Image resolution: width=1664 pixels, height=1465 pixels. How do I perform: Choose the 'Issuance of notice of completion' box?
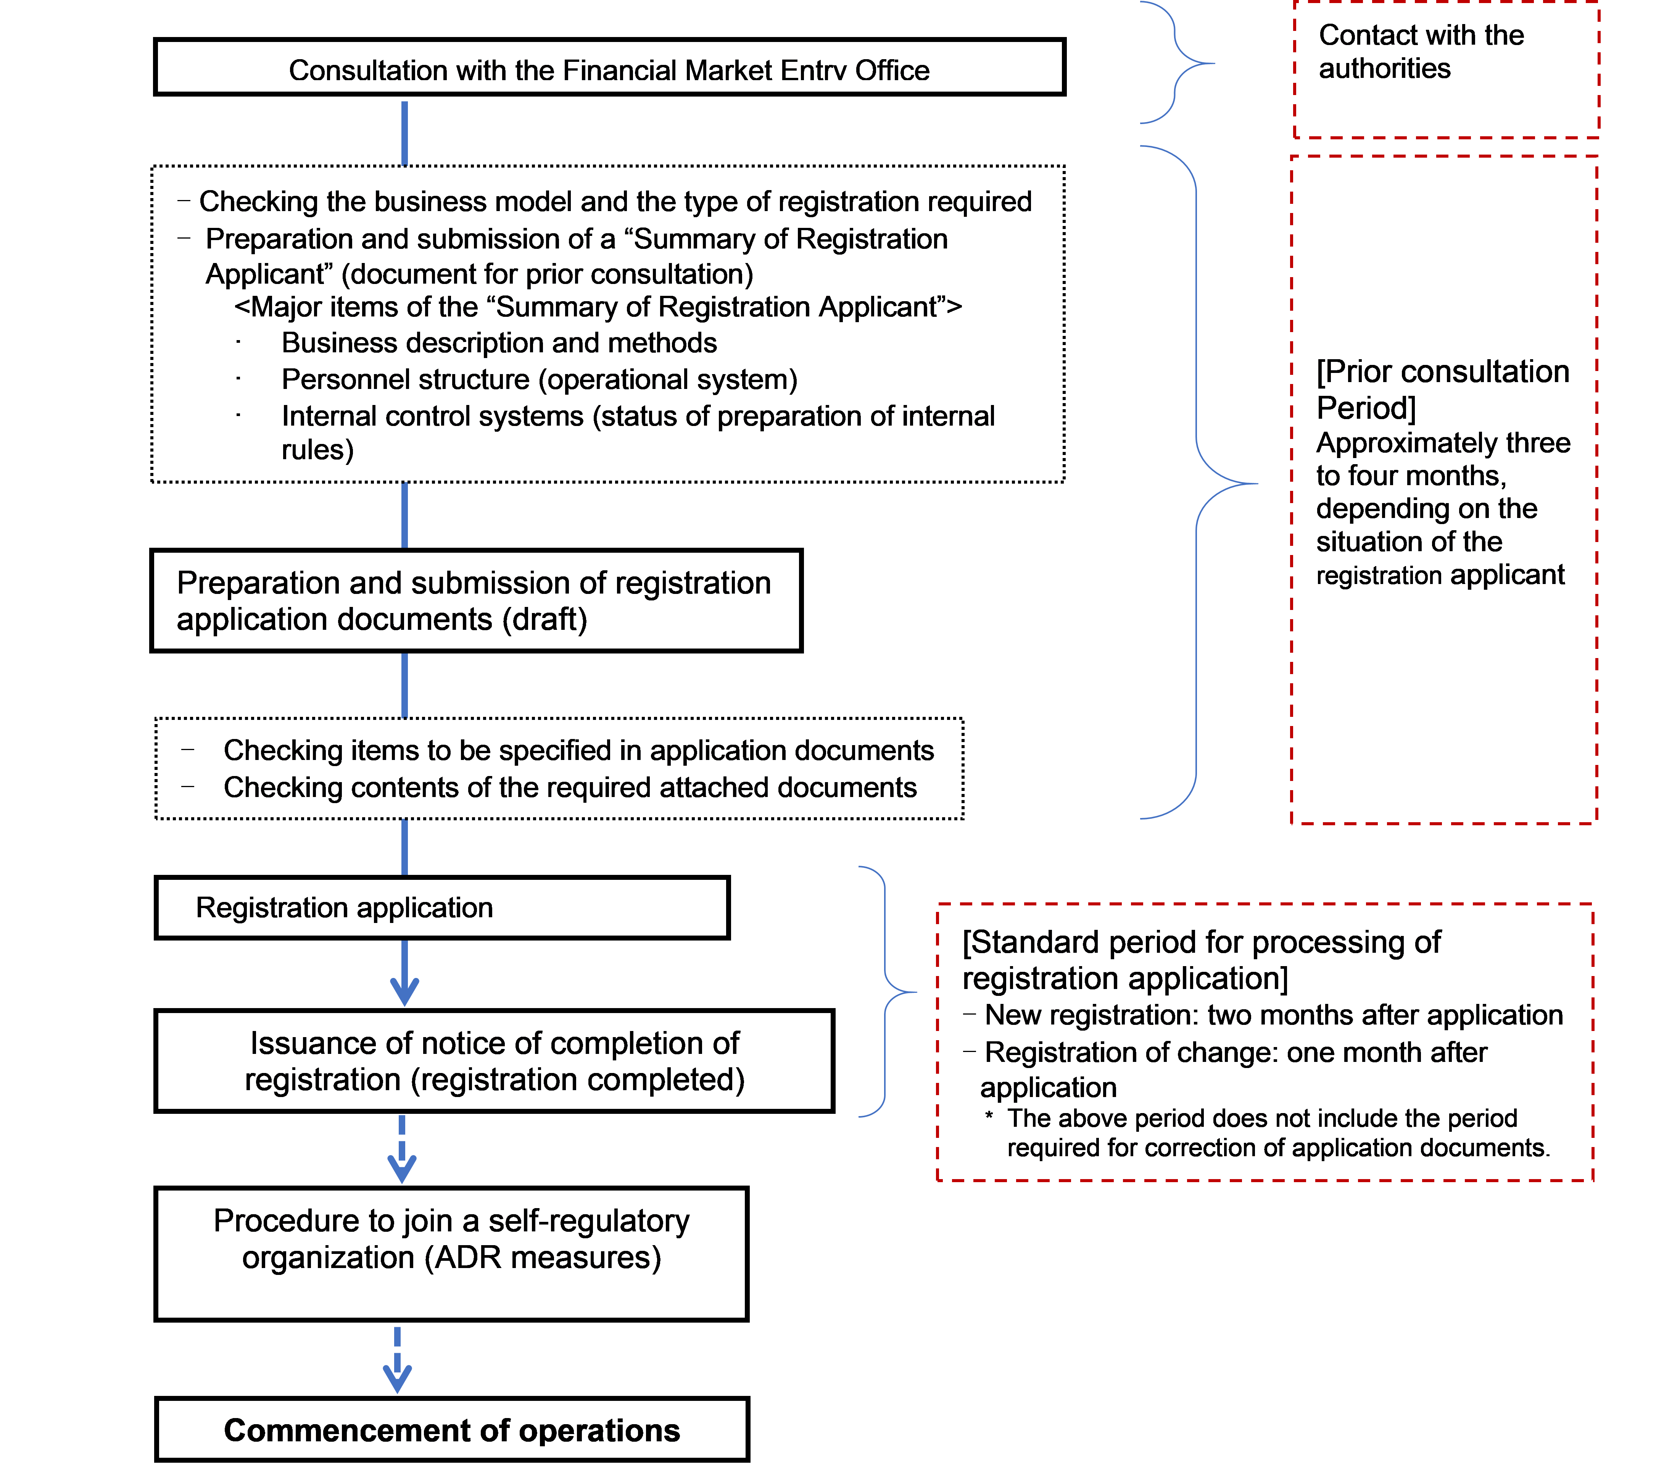tap(494, 1061)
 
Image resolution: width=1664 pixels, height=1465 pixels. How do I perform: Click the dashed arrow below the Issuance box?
tap(402, 1149)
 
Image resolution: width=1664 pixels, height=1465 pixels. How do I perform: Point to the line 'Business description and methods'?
tap(499, 343)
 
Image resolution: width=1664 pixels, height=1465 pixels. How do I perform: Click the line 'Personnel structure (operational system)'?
tap(539, 379)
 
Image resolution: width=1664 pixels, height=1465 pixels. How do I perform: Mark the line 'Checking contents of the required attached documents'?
tap(570, 787)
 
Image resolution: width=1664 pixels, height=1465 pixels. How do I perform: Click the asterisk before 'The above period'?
tap(989, 1116)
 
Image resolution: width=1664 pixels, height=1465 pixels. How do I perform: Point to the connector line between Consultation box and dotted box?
tap(404, 133)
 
